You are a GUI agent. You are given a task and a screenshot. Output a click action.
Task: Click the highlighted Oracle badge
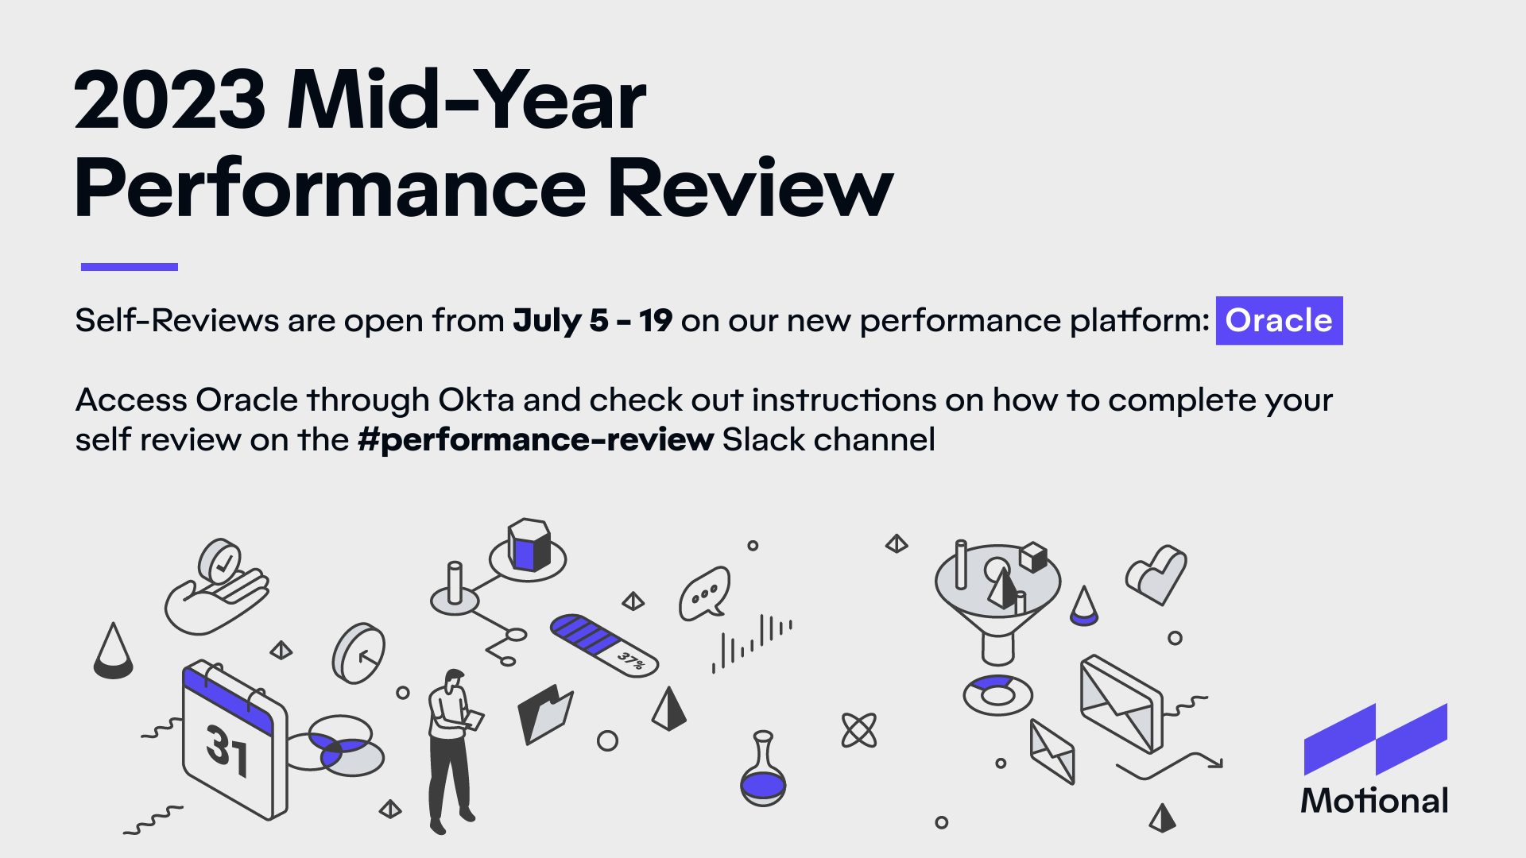tap(1279, 320)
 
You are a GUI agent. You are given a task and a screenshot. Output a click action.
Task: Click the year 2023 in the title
tap(170, 100)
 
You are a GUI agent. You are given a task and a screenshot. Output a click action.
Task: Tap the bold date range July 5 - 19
tap(593, 320)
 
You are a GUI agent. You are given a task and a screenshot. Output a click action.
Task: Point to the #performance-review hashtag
tap(536, 439)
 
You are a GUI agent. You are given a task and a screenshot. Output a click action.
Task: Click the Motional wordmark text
tap(1374, 800)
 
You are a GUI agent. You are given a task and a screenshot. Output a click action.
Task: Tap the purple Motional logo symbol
tap(1376, 739)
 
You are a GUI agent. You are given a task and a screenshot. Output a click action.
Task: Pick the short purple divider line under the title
tap(130, 267)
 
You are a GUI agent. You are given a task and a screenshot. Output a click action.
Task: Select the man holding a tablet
tap(451, 751)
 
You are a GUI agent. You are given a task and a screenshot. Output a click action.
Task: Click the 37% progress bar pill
tap(604, 645)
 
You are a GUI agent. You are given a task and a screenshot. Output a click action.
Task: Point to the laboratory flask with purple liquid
tap(763, 769)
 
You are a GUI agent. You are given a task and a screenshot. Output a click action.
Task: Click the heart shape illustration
tap(1156, 574)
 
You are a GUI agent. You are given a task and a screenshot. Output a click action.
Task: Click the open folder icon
tap(545, 713)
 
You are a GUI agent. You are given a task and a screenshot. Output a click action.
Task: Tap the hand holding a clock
tap(216, 588)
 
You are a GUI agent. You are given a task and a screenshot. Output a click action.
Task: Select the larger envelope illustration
tap(1121, 704)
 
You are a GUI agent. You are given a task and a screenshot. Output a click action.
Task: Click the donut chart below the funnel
tap(997, 694)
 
